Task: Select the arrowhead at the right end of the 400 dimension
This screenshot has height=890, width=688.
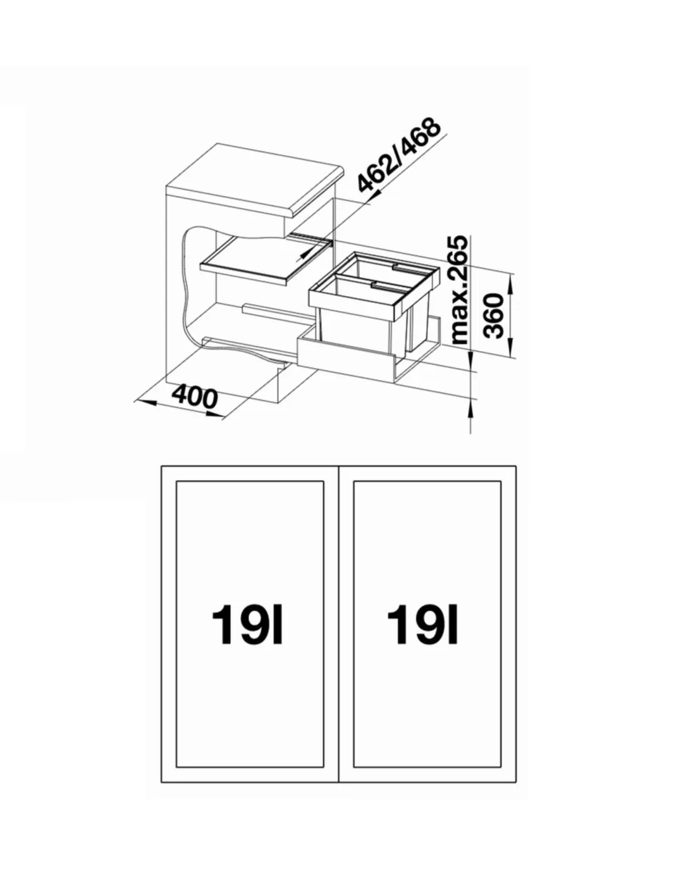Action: (x=213, y=416)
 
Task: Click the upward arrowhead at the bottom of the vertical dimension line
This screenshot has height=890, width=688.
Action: (x=470, y=409)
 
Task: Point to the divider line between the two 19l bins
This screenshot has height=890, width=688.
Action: (x=339, y=551)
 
